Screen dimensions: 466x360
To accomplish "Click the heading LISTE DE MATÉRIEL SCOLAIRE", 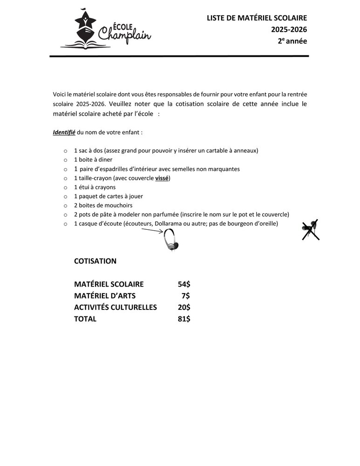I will tap(257, 18).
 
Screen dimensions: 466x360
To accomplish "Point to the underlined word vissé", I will tap(162, 178).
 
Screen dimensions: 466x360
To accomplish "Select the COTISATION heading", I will tap(95, 261).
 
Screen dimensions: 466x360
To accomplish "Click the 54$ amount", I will tap(184, 284).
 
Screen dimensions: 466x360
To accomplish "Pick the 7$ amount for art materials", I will tap(186, 296).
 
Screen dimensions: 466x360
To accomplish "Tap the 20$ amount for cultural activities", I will tap(184, 308).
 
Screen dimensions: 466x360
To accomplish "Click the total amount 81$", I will tap(184, 319).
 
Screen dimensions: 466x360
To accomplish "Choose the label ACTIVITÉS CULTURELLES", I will tap(115, 308).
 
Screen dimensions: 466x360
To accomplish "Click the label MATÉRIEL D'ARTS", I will tap(105, 296).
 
